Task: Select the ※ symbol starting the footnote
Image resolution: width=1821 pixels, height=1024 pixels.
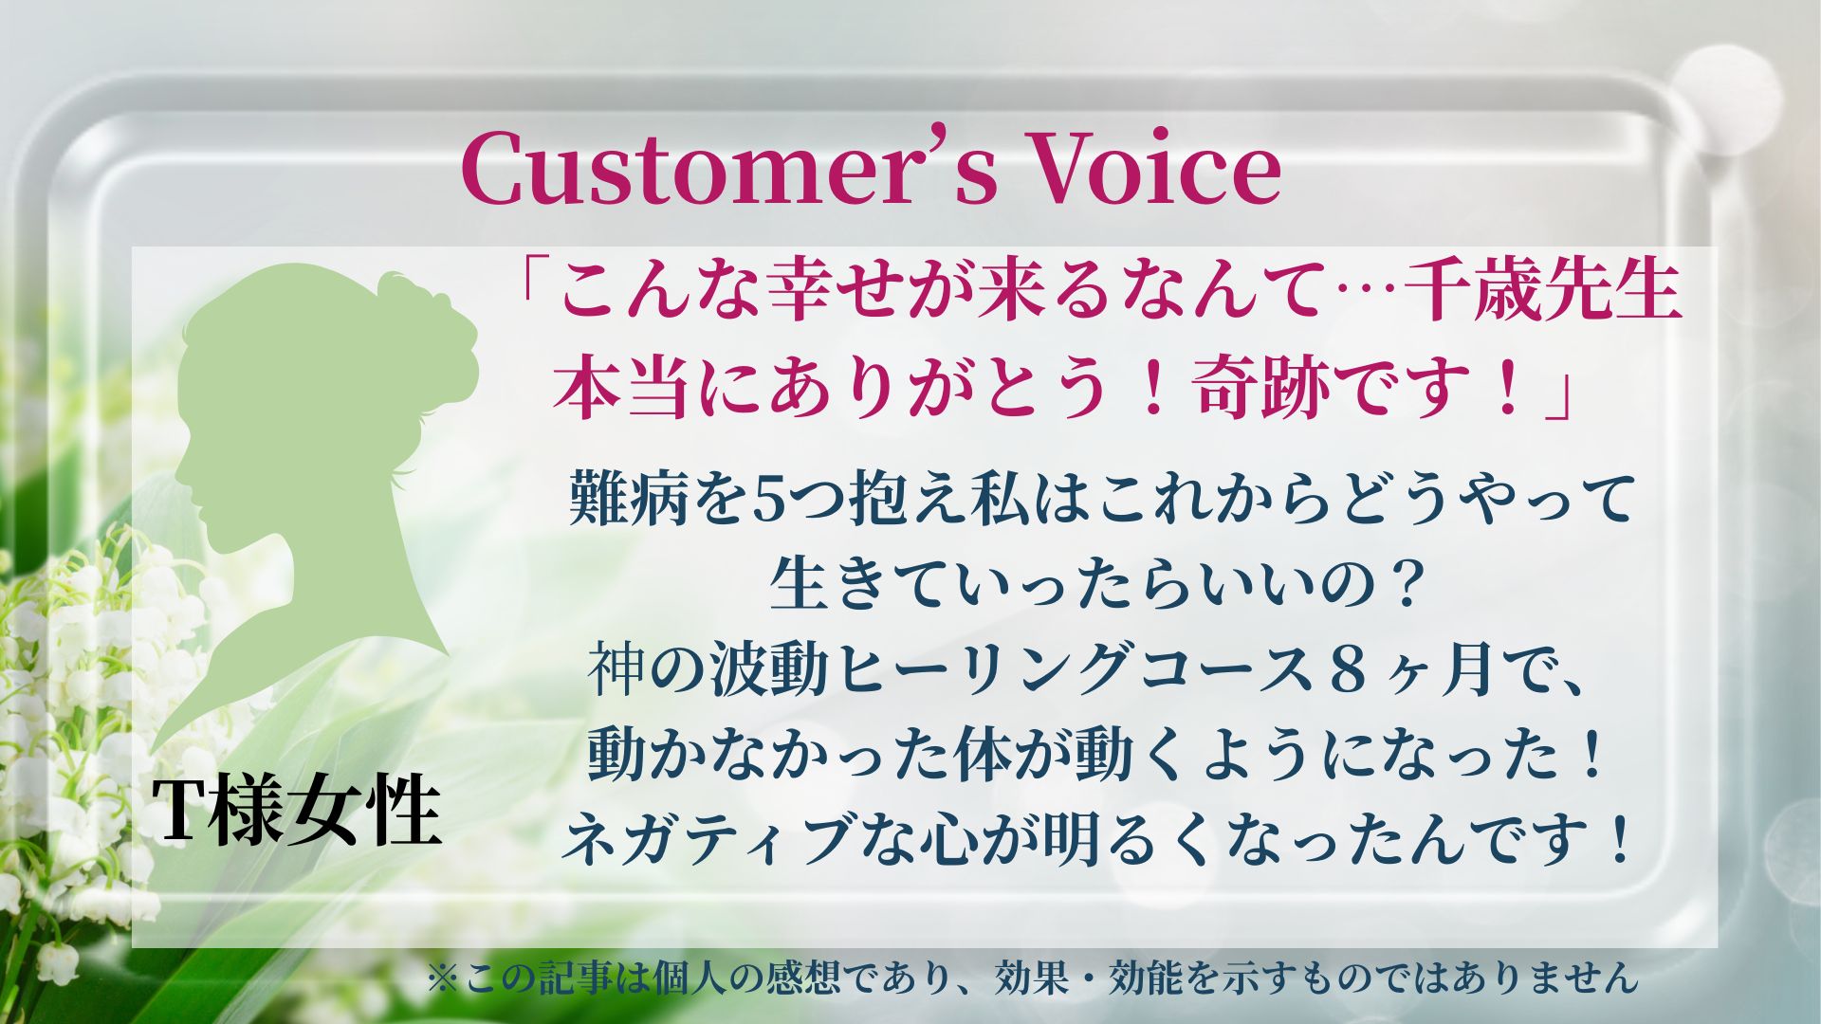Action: (443, 978)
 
